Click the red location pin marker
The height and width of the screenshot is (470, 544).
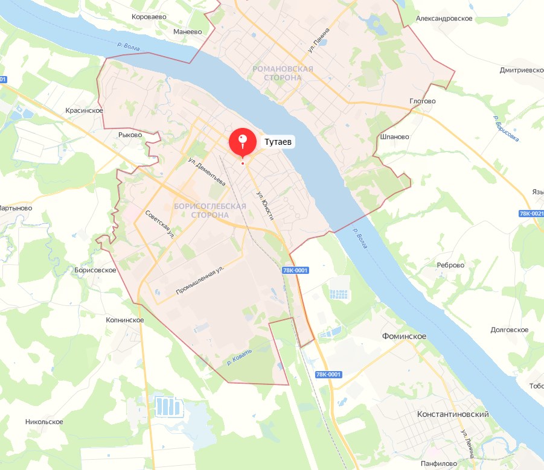pos(242,142)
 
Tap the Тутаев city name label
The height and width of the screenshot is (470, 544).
pos(278,142)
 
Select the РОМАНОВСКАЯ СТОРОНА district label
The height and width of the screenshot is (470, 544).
pos(283,74)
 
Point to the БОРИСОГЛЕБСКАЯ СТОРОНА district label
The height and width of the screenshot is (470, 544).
pos(210,211)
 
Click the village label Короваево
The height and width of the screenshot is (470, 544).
pos(149,17)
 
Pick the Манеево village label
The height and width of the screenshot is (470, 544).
pos(187,31)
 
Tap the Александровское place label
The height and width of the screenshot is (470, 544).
pos(444,19)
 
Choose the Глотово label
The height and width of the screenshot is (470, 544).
pos(422,101)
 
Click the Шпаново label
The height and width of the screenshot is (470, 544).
pos(395,136)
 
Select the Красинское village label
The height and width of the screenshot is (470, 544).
pos(85,110)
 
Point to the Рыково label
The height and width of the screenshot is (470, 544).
pos(130,135)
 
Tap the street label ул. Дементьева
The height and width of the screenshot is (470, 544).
pos(206,172)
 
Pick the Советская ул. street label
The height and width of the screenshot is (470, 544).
pos(160,225)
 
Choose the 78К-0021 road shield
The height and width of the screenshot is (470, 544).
pos(531,214)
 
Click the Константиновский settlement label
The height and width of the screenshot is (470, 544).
pos(453,415)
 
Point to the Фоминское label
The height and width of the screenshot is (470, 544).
pos(405,336)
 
